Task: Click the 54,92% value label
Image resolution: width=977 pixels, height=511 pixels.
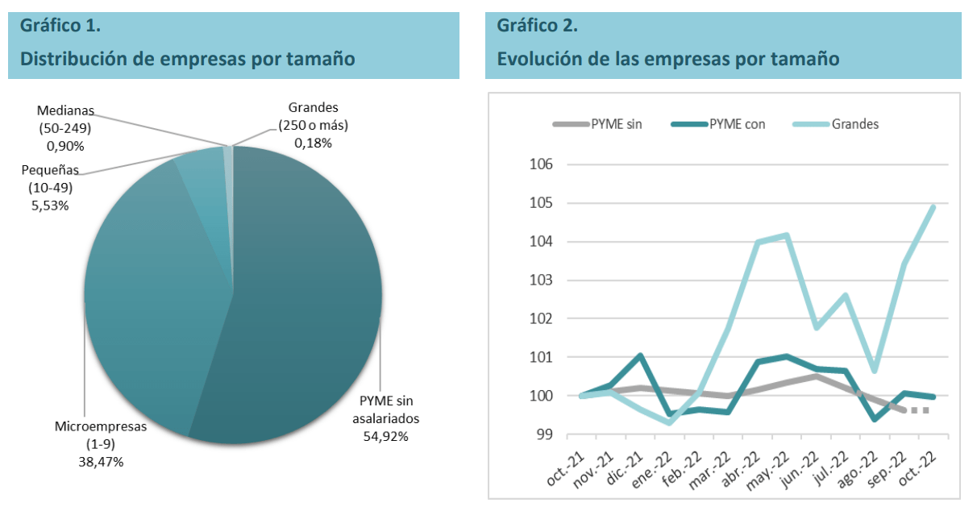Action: click(385, 436)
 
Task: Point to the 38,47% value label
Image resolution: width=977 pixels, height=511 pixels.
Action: click(100, 461)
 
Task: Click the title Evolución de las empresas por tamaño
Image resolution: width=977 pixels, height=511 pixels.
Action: click(668, 59)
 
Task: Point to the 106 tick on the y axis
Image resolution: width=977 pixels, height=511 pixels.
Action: click(542, 164)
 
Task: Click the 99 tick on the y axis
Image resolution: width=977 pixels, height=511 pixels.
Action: click(546, 434)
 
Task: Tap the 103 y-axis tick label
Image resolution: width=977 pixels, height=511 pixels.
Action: click(542, 280)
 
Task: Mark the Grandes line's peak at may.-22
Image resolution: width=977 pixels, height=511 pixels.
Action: click(786, 235)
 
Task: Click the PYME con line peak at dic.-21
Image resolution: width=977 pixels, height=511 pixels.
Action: click(639, 355)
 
